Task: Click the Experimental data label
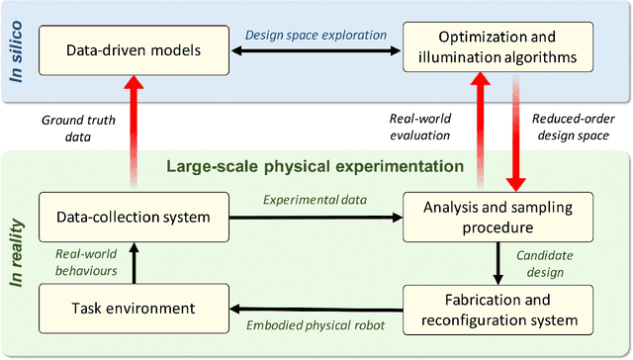(x=316, y=200)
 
